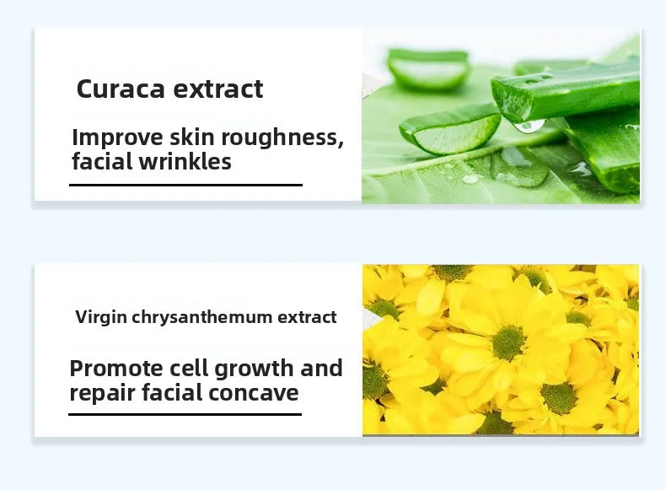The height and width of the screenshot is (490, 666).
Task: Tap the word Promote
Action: pos(116,369)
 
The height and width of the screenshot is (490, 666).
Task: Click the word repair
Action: pos(99,392)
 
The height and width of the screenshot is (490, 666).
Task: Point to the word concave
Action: pos(258,392)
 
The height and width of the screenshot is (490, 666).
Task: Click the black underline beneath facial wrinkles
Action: pos(185,185)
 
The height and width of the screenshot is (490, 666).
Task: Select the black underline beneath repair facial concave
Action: pos(185,414)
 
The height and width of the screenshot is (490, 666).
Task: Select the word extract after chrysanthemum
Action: pos(308,317)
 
